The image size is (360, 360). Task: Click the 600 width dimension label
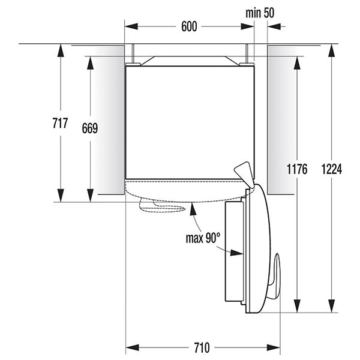tap(189, 26)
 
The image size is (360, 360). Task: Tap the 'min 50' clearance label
tap(260, 13)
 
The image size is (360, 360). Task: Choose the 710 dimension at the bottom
tap(202, 347)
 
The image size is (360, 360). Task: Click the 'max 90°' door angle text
tap(203, 238)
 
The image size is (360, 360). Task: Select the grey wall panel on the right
tap(279, 120)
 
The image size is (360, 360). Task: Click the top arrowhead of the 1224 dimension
tap(331, 50)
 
